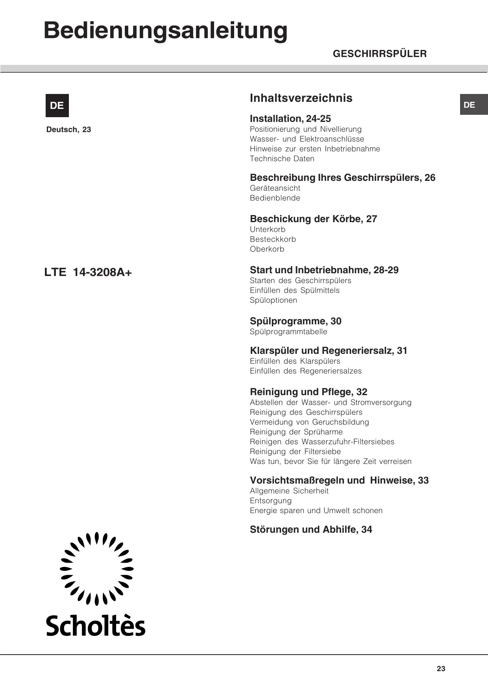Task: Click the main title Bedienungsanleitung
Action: point(165,31)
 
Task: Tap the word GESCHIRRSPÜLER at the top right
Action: point(379,54)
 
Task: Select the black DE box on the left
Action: point(57,105)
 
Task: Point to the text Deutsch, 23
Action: point(68,130)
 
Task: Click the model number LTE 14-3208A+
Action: point(88,272)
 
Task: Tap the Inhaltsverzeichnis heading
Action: point(301,98)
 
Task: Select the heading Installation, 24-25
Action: point(290,119)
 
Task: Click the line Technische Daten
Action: point(282,159)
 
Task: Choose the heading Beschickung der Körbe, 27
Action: point(313,219)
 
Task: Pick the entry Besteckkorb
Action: point(273,239)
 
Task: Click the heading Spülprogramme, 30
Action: point(296,321)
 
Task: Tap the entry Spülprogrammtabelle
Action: point(288,332)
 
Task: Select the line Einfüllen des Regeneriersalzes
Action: point(305,371)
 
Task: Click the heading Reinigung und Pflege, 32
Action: point(308,392)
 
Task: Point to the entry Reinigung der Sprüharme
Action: point(296,432)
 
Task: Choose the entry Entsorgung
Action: point(271,501)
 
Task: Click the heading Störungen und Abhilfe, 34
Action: point(311,530)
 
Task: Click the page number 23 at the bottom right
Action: point(441,669)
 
